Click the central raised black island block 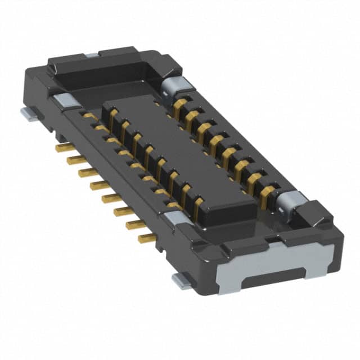(x=180, y=158)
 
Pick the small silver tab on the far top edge (x=91, y=55)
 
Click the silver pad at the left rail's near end (x=179, y=218)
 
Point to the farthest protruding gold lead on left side (x=65, y=147)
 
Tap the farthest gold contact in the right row (x=181, y=105)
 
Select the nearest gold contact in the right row (x=267, y=191)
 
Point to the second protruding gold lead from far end (x=76, y=160)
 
